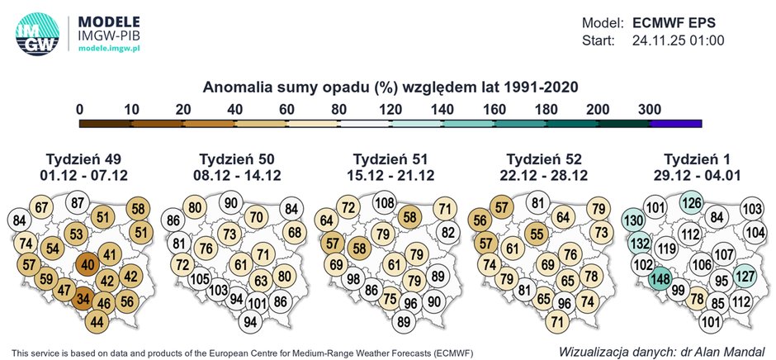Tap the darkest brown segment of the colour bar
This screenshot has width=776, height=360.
click(105, 124)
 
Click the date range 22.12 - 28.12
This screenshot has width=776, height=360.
click(542, 175)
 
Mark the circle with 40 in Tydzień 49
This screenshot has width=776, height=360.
click(88, 265)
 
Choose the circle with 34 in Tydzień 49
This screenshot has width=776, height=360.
click(83, 298)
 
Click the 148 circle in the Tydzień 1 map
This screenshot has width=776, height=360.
click(660, 279)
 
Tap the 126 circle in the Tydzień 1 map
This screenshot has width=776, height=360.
click(691, 203)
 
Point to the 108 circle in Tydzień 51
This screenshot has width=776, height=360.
click(384, 203)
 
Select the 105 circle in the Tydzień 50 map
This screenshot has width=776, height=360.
click(199, 279)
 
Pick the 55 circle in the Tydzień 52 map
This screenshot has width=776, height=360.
click(537, 234)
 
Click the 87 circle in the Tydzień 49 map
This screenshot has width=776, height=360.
click(77, 203)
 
